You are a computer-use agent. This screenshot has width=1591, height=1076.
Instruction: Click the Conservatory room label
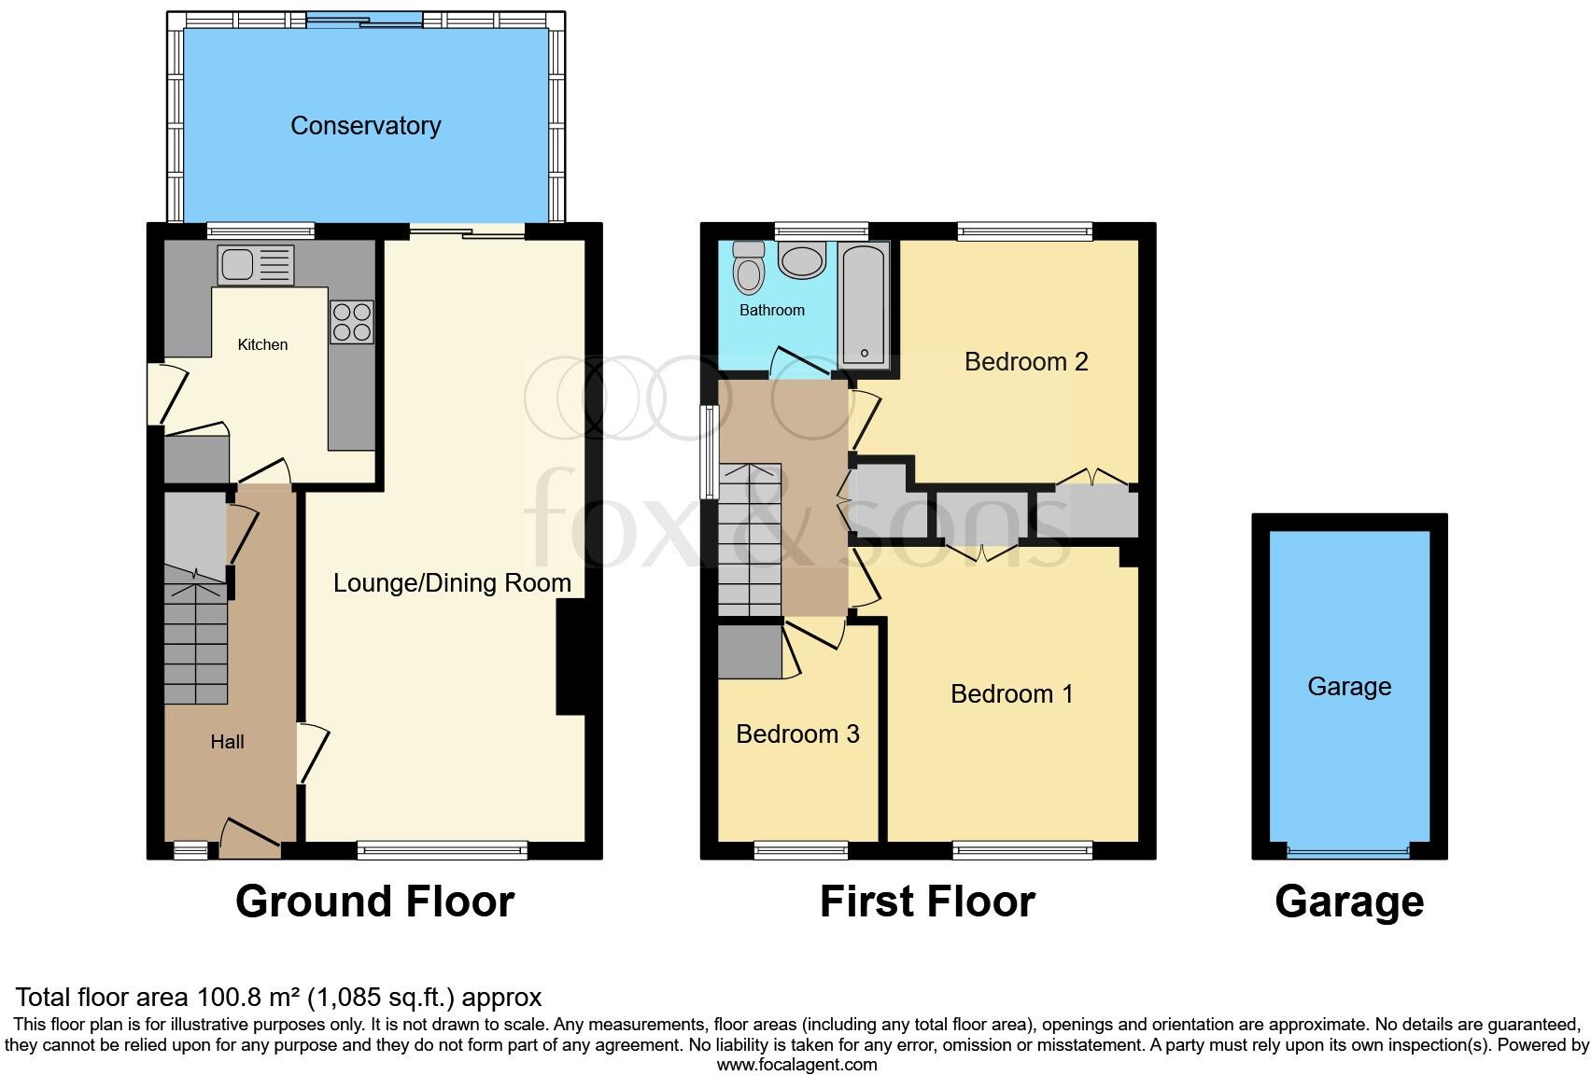pyautogui.click(x=365, y=126)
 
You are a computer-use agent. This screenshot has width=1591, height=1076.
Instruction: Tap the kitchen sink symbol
pyautogui.click(x=256, y=265)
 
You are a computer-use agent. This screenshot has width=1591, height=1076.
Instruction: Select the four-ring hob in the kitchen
pyautogui.click(x=351, y=321)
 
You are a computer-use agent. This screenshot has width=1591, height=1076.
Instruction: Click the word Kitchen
pyautogui.click(x=262, y=344)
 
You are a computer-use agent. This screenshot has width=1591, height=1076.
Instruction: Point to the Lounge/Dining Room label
pyautogui.click(x=452, y=583)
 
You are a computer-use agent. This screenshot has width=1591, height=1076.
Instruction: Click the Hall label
pyautogui.click(x=227, y=742)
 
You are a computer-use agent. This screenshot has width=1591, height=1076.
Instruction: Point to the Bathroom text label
pyautogui.click(x=771, y=310)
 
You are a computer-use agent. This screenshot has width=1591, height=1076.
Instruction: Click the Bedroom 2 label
pyautogui.click(x=1026, y=362)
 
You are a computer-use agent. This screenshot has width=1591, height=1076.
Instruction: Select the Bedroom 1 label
pyautogui.click(x=1011, y=694)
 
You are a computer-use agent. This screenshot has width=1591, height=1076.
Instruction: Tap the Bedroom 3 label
pyautogui.click(x=797, y=734)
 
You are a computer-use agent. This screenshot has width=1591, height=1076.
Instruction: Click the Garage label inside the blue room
pyautogui.click(x=1349, y=687)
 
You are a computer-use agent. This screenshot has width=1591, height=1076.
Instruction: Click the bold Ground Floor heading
pyautogui.click(x=374, y=901)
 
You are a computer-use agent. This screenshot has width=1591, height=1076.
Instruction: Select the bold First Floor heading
pyautogui.click(x=927, y=901)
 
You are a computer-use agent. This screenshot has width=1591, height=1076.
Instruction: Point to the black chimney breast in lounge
pyautogui.click(x=570, y=657)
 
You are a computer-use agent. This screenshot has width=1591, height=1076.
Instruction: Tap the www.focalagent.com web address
pyautogui.click(x=796, y=1064)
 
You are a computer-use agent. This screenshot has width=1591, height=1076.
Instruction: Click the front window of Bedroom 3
pyautogui.click(x=801, y=849)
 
